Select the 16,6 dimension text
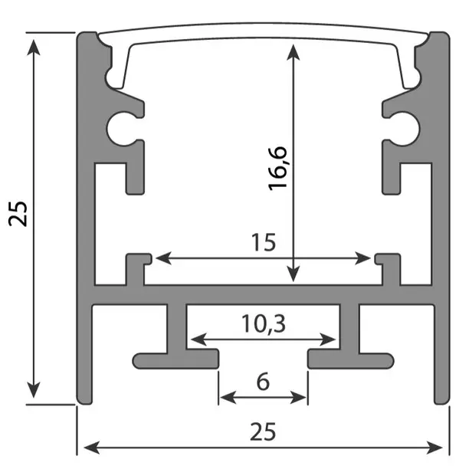click(277, 169)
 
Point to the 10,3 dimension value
click(262, 324)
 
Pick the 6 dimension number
click(263, 381)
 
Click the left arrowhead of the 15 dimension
click(159, 259)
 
